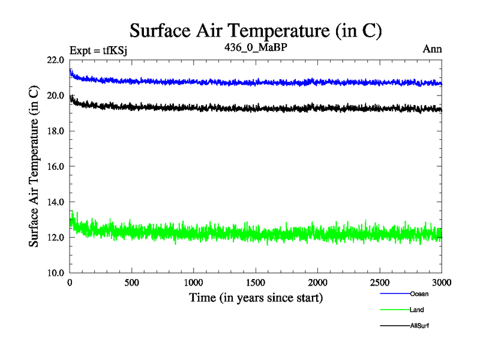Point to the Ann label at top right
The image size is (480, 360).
[x=433, y=49]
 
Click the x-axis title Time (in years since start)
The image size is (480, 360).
[x=256, y=298]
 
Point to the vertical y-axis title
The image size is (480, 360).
[x=35, y=166]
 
